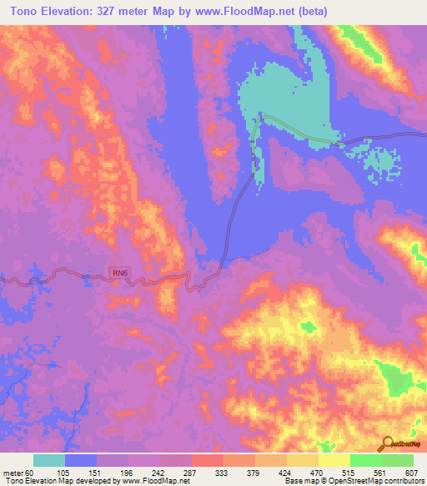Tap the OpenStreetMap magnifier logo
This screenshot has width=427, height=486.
point(387,442)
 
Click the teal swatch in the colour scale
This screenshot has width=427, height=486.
point(49,461)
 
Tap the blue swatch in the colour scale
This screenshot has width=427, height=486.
point(81,461)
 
